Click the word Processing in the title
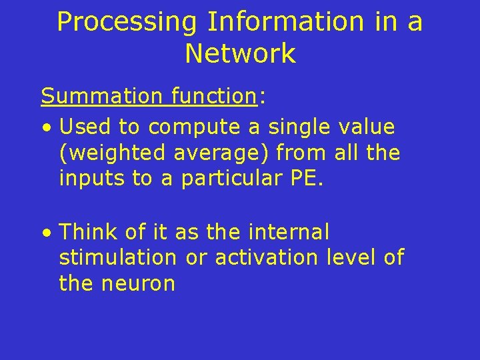pos(127,22)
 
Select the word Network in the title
pos(240,53)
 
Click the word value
pos(367,126)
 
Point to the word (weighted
pos(113,153)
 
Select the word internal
pos(288,232)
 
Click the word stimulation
pos(118,257)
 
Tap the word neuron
pos(139,284)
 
